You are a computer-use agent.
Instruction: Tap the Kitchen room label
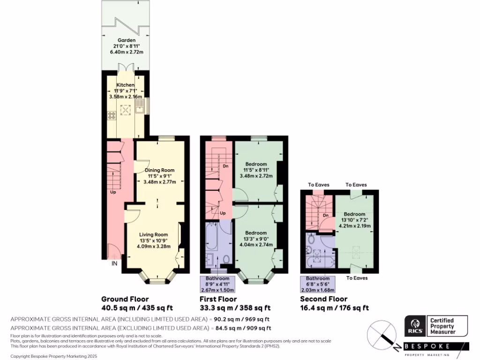tap(125, 85)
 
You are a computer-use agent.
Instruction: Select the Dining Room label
tap(159, 170)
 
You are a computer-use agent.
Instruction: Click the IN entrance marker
tap(114, 264)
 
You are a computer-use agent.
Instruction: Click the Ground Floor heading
tap(125, 299)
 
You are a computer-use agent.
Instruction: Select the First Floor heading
tap(218, 299)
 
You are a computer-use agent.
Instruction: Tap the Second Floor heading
tap(323, 299)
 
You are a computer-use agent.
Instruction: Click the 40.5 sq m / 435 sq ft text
tap(137, 308)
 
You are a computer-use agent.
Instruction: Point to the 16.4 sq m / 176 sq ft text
tap(334, 308)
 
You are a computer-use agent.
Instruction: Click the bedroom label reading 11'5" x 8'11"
tap(256, 170)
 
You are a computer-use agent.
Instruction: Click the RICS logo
tap(415, 326)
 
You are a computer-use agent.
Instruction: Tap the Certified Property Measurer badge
tap(442, 326)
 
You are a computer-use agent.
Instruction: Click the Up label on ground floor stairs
tap(113, 192)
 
